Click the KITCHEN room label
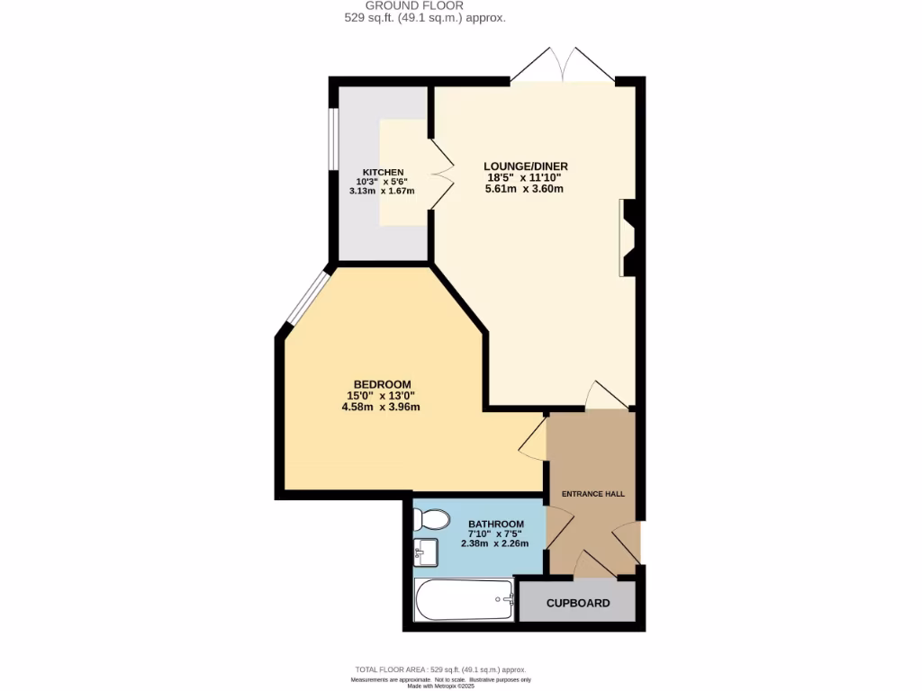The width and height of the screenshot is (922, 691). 383,172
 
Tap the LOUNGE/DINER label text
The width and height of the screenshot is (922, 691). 526,166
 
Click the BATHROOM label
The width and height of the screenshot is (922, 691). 495,525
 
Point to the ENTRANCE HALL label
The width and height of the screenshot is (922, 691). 592,494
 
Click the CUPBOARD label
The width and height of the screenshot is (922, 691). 578,603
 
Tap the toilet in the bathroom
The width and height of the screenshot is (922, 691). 431,520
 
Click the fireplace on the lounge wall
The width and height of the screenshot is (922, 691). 627,238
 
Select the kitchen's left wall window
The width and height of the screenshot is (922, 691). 332,140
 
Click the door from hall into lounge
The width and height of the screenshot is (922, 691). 605,396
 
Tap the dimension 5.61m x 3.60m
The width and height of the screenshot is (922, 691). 526,189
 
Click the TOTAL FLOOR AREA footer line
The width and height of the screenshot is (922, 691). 440,669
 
